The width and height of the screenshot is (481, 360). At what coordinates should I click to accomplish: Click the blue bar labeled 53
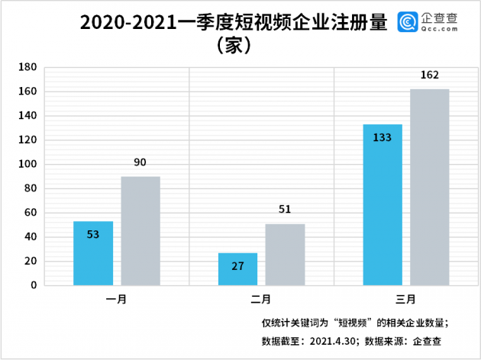[x=93, y=253]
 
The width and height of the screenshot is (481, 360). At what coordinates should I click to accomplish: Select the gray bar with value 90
[x=140, y=230]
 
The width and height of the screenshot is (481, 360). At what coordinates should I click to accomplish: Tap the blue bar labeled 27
[x=237, y=269]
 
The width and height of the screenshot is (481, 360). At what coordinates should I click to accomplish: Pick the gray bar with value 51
[x=285, y=254]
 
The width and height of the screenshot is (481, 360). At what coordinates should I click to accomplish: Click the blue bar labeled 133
[x=383, y=204]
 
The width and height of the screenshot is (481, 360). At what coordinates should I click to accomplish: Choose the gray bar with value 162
[x=430, y=187]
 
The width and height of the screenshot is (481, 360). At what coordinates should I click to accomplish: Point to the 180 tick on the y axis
[x=27, y=67]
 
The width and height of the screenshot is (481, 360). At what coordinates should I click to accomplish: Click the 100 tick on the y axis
[x=27, y=164]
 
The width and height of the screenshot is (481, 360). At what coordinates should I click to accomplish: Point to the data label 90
[x=140, y=162]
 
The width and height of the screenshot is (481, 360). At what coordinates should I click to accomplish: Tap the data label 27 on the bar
[x=237, y=266]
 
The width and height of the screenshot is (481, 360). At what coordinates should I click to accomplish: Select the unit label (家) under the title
[x=234, y=44]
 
